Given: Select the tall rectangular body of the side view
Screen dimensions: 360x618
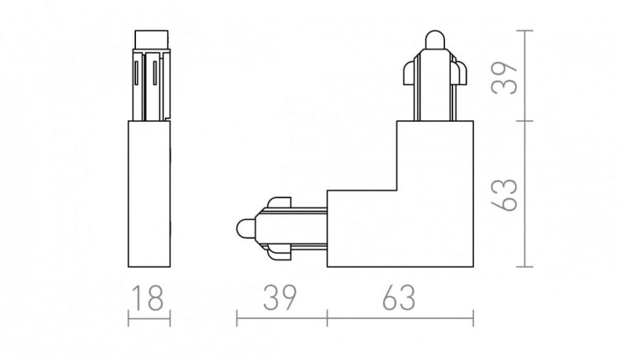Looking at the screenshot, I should [x=149, y=194].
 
